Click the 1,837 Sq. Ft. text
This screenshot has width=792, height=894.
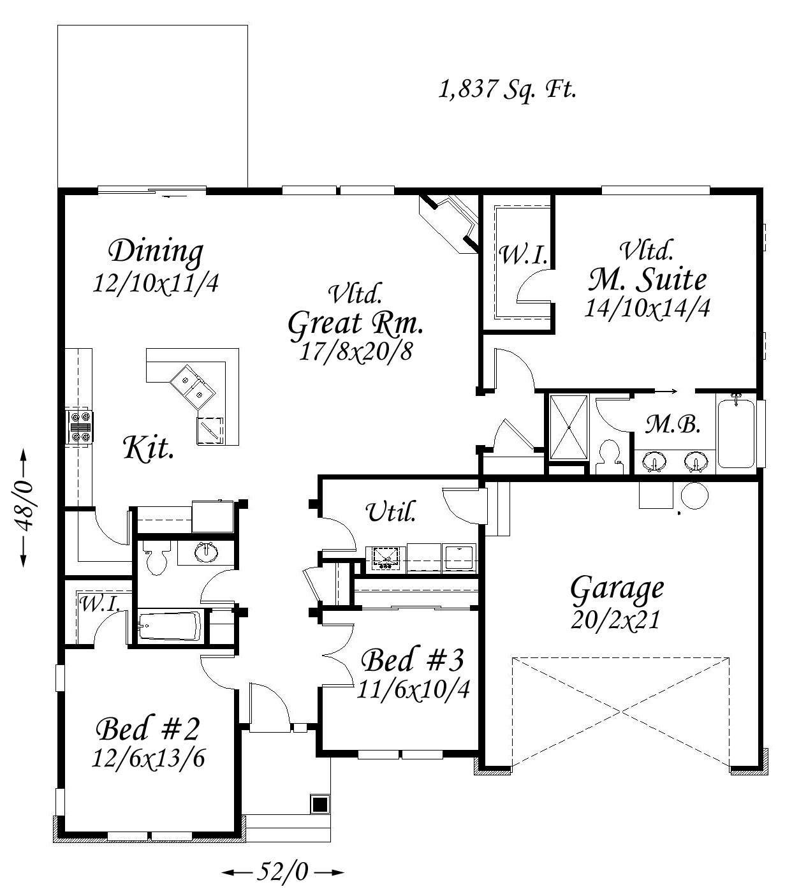(x=507, y=90)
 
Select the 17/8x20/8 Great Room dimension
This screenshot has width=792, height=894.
(x=356, y=352)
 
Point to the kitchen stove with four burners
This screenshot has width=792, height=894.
(x=80, y=427)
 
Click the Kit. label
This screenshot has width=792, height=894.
(x=148, y=448)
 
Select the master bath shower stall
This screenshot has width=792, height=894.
(x=569, y=428)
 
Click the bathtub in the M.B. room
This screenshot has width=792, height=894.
(x=735, y=430)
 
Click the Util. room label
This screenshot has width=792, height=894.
(x=391, y=512)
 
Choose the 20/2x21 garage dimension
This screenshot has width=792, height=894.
(x=615, y=620)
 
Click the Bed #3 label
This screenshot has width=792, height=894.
(x=412, y=660)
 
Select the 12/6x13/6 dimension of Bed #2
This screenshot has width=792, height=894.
(x=148, y=758)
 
